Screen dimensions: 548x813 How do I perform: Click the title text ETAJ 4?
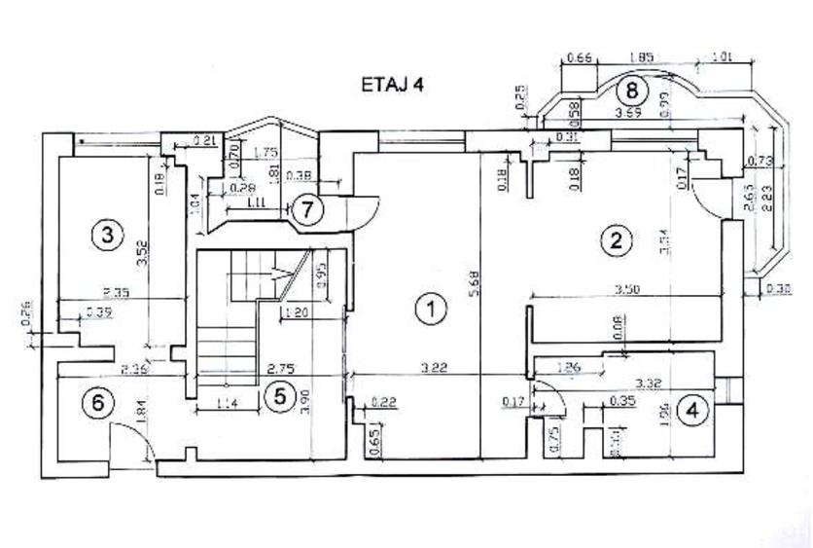tap(392, 85)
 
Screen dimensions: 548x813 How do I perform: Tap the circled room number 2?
tap(614, 239)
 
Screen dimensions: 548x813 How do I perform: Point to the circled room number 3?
tap(106, 234)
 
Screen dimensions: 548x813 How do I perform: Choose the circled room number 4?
tap(691, 411)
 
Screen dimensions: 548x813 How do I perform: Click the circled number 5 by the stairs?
tap(279, 395)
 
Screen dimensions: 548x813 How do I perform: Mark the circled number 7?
tap(307, 209)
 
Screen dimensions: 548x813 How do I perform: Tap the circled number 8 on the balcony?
tap(632, 91)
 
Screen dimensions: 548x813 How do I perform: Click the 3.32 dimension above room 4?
tap(648, 384)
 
